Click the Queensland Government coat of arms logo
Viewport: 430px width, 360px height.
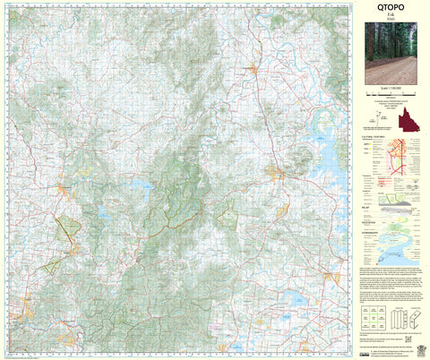pyautogui.click(x=414, y=342)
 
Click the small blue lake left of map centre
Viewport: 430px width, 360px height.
pyautogui.click(x=141, y=187)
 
